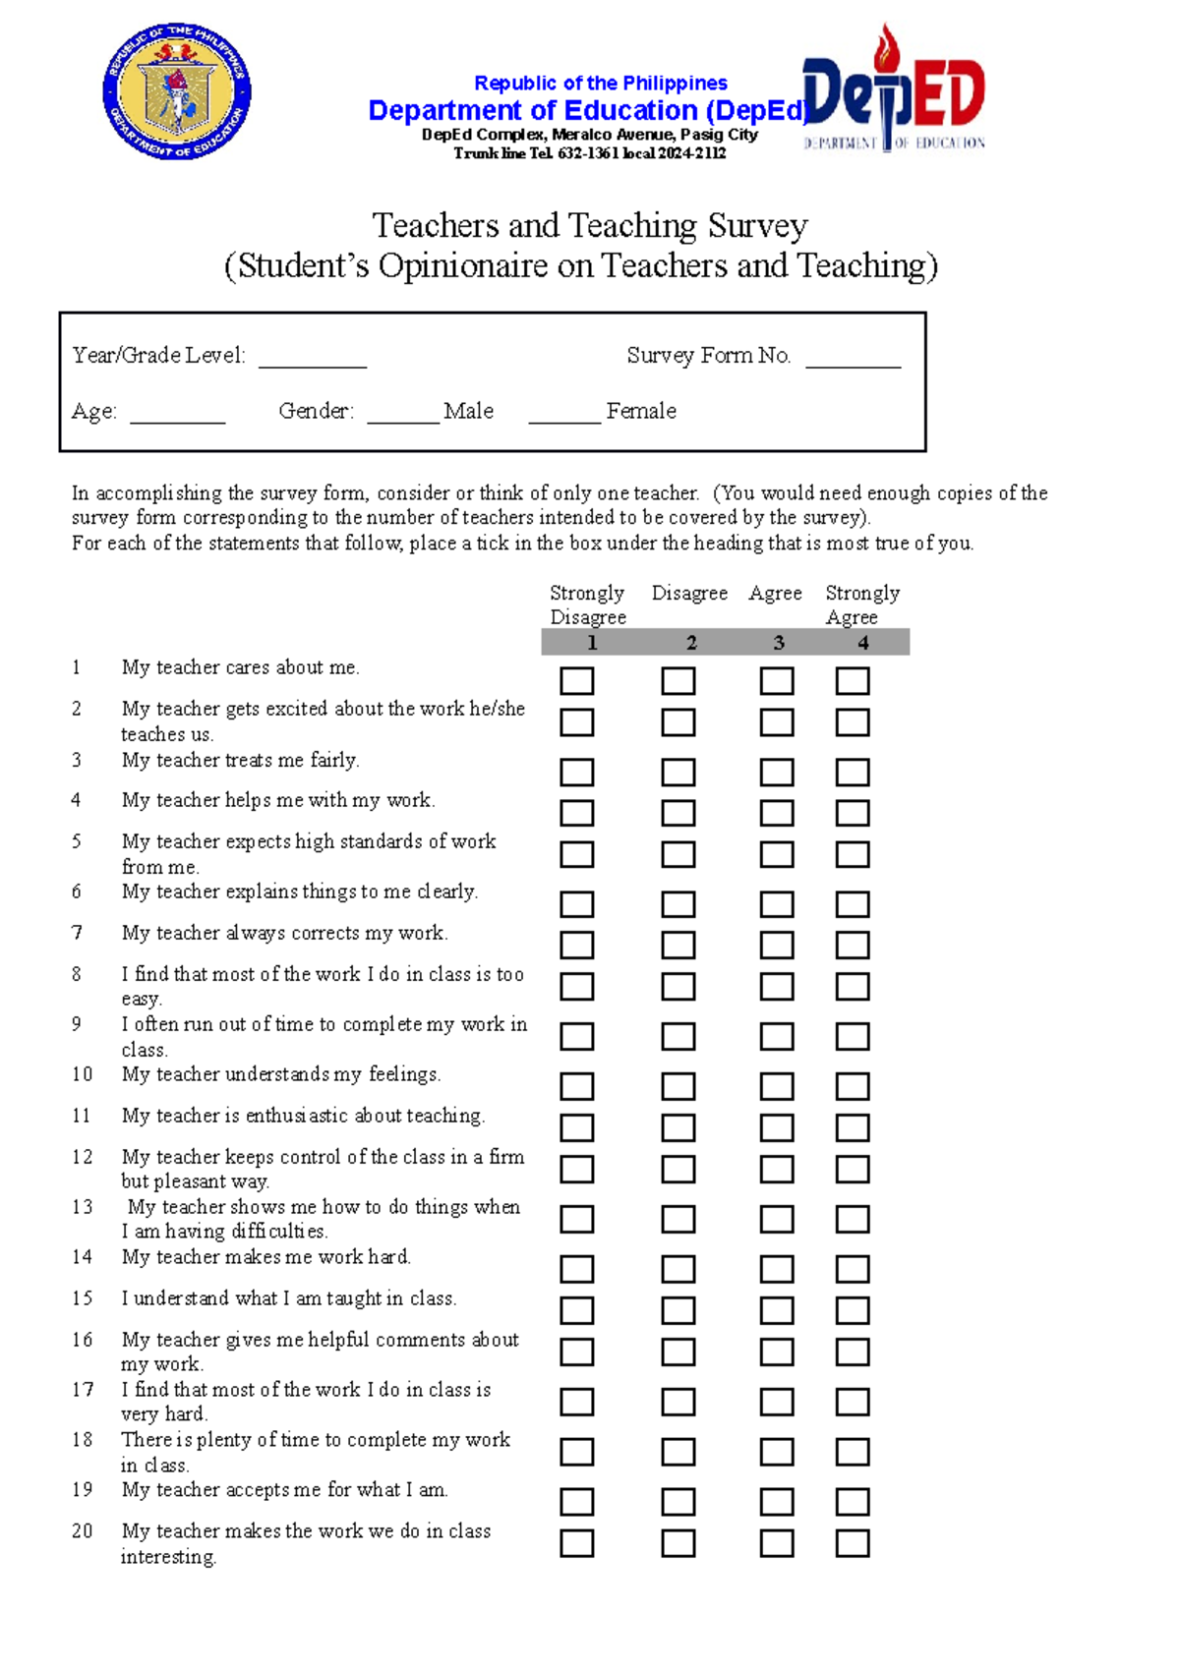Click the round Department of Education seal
pos(177,92)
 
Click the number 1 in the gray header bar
pos(592,643)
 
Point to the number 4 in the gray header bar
pos(862,643)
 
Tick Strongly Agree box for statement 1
pos(853,681)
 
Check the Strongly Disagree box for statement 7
pos(577,946)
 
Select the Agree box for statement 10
pos(777,1087)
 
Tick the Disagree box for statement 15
pos(678,1310)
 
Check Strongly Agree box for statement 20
pos(853,1543)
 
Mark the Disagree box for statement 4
pos(678,813)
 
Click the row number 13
pos(83,1207)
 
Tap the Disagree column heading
pos(689,593)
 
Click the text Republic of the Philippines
pos(601,84)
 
